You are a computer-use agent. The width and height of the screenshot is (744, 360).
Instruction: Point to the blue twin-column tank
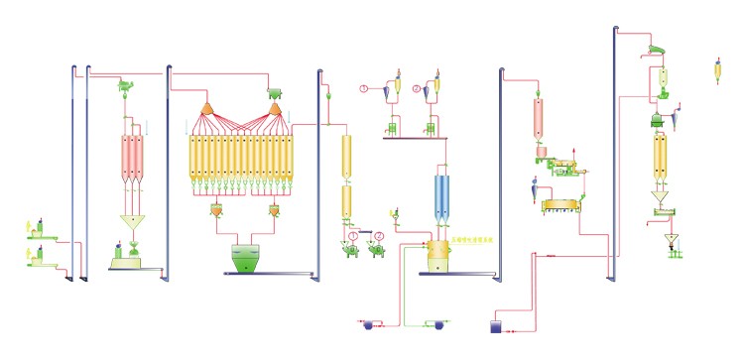pyautogui.click(x=441, y=193)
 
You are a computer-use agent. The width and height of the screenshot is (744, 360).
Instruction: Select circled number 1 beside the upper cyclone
pyautogui.click(x=364, y=90)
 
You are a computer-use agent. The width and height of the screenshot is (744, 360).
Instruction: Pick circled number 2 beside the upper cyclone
pyautogui.click(x=416, y=90)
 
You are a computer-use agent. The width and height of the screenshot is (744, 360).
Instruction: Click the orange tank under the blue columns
pyautogui.click(x=435, y=254)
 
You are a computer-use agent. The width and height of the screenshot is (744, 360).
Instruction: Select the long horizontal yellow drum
pyautogui.click(x=560, y=205)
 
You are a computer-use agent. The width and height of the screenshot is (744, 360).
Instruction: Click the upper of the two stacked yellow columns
pyautogui.click(x=347, y=156)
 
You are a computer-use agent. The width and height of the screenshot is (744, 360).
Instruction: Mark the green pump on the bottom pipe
pyautogui.click(x=433, y=323)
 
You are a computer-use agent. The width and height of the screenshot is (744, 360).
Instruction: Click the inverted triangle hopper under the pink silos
pyautogui.click(x=132, y=220)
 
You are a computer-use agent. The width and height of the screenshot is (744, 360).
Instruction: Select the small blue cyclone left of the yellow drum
pyautogui.click(x=530, y=188)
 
